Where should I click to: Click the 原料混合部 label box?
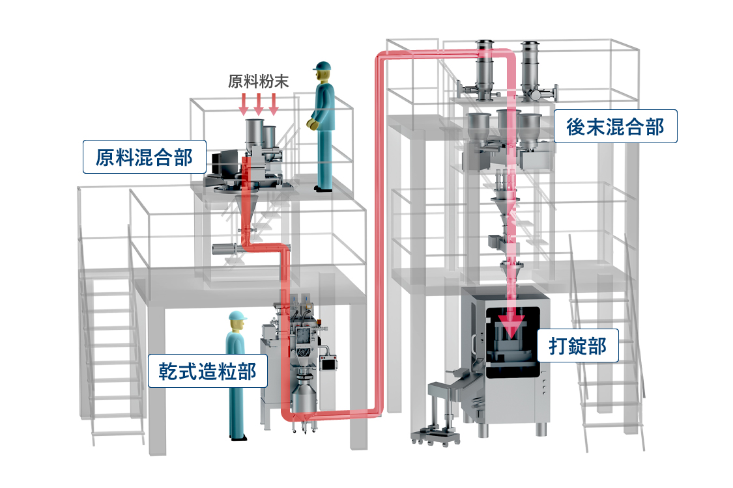pos(144,157)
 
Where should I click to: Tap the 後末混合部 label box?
pos(615,127)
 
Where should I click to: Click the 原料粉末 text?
pos(258,81)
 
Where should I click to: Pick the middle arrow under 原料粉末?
pos(259,103)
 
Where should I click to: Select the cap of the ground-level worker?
pos(238,317)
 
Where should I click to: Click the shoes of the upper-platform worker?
pos(323,189)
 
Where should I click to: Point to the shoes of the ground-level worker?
pos(239,437)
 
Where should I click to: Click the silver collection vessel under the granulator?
pos(303,399)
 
